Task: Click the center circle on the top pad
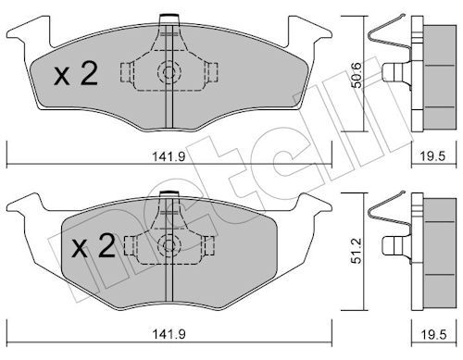168,73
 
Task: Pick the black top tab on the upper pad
168,16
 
